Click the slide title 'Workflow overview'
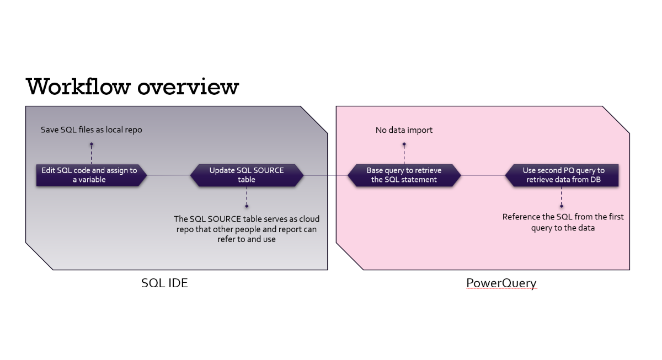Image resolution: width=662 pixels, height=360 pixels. tap(132, 87)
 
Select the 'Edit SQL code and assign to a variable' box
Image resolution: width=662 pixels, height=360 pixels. tap(89, 175)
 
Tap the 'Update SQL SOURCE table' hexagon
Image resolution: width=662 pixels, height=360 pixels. tap(247, 175)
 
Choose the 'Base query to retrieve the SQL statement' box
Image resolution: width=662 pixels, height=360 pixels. tap(404, 175)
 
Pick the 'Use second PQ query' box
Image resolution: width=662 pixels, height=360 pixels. tap(563, 175)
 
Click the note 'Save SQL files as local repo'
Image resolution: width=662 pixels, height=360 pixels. tap(91, 130)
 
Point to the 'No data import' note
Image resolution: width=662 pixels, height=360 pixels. tap(404, 130)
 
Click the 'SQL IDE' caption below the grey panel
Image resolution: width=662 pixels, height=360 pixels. tap(164, 283)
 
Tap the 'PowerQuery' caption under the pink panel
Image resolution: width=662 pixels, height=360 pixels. tap(501, 283)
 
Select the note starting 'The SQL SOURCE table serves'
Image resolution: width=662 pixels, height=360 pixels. tap(247, 229)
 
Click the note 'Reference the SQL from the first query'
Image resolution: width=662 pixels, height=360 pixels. tap(563, 222)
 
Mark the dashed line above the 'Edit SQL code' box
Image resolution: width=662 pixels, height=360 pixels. tap(92, 154)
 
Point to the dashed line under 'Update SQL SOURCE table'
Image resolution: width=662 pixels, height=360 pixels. tap(247, 196)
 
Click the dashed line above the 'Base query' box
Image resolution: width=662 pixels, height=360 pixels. tap(404, 154)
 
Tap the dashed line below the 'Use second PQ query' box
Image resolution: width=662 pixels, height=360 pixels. tap(562, 196)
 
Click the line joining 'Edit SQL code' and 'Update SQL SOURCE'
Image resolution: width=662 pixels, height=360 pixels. tap(169, 175)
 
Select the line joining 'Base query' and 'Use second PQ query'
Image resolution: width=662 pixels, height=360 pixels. tap(483, 175)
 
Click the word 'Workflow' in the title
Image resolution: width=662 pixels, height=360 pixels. tap(77, 87)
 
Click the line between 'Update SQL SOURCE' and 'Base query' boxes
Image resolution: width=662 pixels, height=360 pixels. tap(325, 175)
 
